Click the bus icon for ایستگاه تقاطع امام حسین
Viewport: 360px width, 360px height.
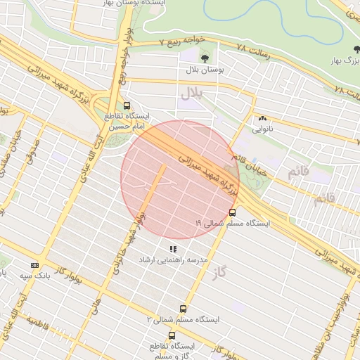(x=127, y=105)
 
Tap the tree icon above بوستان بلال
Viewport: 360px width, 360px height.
(x=205, y=58)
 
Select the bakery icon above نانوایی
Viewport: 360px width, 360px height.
(x=263, y=119)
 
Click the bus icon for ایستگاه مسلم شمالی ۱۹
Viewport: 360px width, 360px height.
(x=233, y=212)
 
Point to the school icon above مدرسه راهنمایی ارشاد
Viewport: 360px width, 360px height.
(x=173, y=249)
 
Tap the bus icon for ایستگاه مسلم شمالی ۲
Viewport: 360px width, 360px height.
(x=184, y=308)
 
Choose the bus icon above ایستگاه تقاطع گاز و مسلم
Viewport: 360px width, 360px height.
(x=172, y=335)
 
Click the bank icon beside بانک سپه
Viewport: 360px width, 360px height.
(x=34, y=265)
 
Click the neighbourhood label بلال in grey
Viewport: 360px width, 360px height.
(x=191, y=92)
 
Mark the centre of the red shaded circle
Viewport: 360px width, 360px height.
(x=181, y=180)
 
